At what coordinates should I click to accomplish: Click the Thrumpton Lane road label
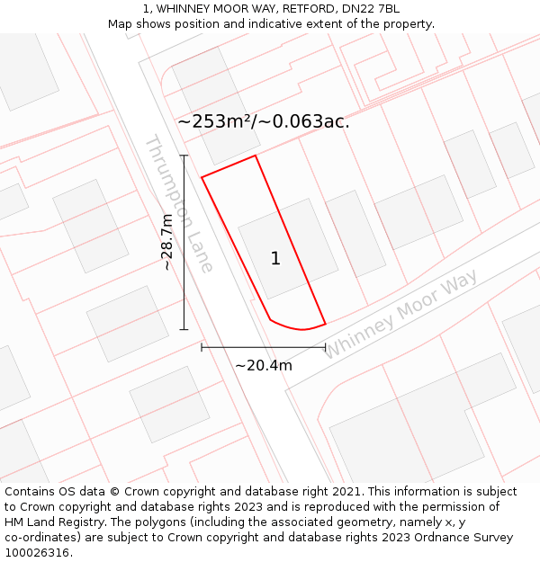click(x=179, y=204)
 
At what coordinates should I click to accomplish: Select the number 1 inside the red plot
click(x=275, y=259)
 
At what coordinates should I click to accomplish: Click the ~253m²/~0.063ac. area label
click(x=263, y=121)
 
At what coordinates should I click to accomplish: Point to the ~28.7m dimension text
click(x=166, y=242)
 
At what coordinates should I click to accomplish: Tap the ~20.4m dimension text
click(x=263, y=365)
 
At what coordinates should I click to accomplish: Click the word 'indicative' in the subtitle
click(x=287, y=23)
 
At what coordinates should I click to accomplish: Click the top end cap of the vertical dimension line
click(x=184, y=156)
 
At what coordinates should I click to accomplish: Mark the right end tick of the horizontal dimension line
click(x=325, y=346)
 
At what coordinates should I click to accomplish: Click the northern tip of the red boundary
click(x=256, y=156)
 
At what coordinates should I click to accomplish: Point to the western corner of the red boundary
click(x=202, y=176)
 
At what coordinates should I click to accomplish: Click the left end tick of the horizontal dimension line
click(x=202, y=346)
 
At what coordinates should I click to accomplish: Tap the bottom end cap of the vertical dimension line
click(x=184, y=329)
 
